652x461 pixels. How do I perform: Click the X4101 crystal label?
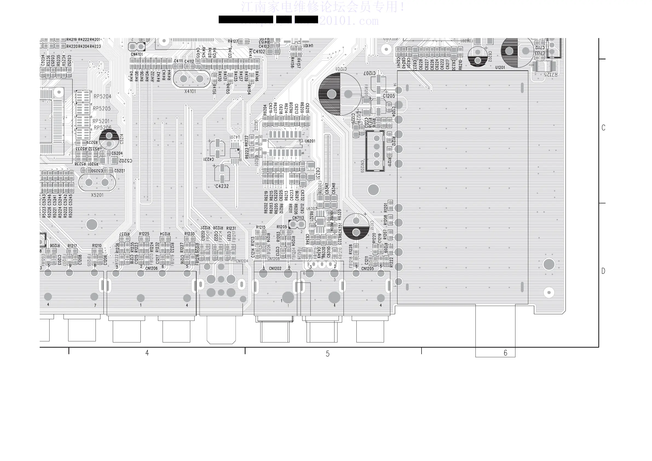click(x=190, y=91)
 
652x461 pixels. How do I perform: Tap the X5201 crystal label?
click(x=97, y=195)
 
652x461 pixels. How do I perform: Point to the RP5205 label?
click(x=102, y=108)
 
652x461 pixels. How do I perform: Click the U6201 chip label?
click(x=310, y=141)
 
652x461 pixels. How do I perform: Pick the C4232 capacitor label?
click(x=222, y=186)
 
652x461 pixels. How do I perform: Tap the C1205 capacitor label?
click(x=388, y=96)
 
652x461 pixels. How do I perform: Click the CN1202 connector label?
click(x=275, y=269)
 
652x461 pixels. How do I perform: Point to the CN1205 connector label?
click(x=367, y=269)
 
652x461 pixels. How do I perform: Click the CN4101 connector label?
click(x=137, y=54)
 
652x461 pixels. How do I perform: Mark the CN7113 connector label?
click(x=298, y=218)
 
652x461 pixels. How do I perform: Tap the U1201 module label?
click(x=500, y=68)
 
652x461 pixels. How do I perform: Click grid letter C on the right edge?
click(x=604, y=128)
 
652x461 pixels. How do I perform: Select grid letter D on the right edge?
click(x=604, y=271)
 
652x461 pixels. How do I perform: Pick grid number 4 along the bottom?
click(x=147, y=353)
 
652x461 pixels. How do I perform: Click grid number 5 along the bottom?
click(x=327, y=354)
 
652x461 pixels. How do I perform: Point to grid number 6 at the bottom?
click(x=505, y=353)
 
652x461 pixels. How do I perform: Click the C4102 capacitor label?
click(x=259, y=52)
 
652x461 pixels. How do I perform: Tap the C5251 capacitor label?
click(x=120, y=171)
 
